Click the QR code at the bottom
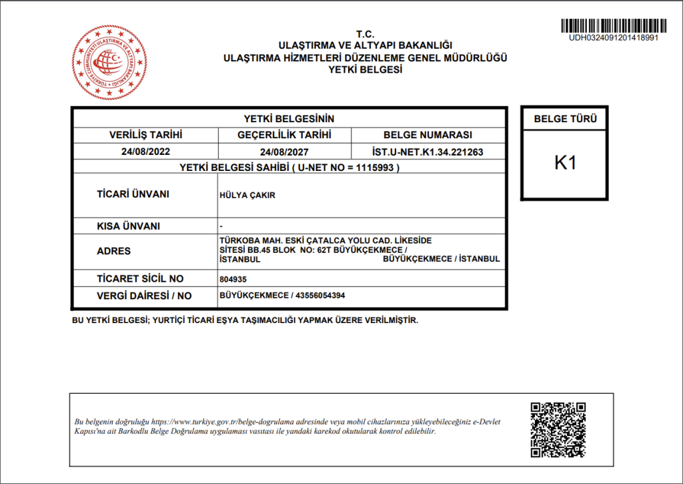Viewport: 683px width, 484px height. (x=558, y=430)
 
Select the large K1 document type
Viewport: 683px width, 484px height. (x=565, y=163)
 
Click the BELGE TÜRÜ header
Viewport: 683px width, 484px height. (x=565, y=120)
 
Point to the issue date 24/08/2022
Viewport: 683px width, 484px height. (x=145, y=152)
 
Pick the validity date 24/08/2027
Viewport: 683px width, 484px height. (x=284, y=152)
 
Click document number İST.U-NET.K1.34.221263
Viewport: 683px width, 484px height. (x=428, y=152)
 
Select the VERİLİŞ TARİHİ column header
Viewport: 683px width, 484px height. (x=145, y=135)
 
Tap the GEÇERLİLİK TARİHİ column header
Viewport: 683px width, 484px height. (x=284, y=135)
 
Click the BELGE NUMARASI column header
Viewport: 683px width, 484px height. (x=428, y=135)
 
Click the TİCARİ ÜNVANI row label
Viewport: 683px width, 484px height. (x=133, y=194)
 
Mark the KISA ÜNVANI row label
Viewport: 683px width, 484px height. (x=129, y=226)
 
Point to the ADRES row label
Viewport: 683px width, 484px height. (x=113, y=251)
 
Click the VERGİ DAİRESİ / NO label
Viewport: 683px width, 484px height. (x=144, y=295)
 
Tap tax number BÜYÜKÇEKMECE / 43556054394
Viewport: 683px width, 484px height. (x=282, y=295)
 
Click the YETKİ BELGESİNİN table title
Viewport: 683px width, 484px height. (x=289, y=118)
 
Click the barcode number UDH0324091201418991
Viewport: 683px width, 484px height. (x=613, y=37)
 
